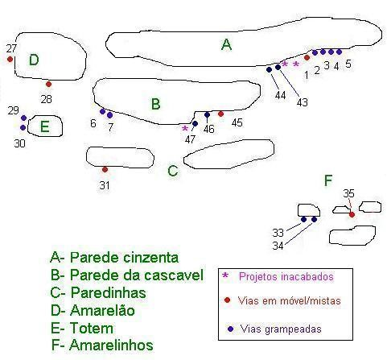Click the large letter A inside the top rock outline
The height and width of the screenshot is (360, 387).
pyautogui.click(x=226, y=44)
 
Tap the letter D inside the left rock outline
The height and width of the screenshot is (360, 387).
pyautogui.click(x=34, y=60)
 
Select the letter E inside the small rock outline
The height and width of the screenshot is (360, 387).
pyautogui.click(x=45, y=126)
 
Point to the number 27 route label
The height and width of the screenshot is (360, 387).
pyautogui.click(x=11, y=48)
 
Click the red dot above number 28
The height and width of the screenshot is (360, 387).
pyautogui.click(x=48, y=85)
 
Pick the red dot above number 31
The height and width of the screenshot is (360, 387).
pyautogui.click(x=105, y=170)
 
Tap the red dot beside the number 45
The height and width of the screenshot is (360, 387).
pyautogui.click(x=220, y=114)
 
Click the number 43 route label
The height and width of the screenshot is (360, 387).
pyautogui.click(x=303, y=102)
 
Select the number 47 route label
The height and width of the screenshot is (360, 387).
pyautogui.click(x=190, y=139)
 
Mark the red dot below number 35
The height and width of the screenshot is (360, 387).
pyautogui.click(x=352, y=214)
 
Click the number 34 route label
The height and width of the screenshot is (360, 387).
pyautogui.click(x=278, y=246)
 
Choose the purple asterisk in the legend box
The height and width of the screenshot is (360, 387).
pyautogui.click(x=225, y=275)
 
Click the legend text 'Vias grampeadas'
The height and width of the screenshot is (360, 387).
pyautogui.click(x=281, y=329)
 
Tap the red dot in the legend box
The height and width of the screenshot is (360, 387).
pyautogui.click(x=227, y=300)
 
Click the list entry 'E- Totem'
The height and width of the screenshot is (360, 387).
pyautogui.click(x=82, y=329)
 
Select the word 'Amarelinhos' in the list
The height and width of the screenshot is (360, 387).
pyautogui.click(x=111, y=346)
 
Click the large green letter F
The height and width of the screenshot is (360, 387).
pyautogui.click(x=328, y=180)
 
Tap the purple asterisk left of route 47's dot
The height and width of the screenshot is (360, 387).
pyautogui.click(x=185, y=128)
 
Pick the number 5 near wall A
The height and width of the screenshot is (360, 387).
pyautogui.click(x=348, y=64)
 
